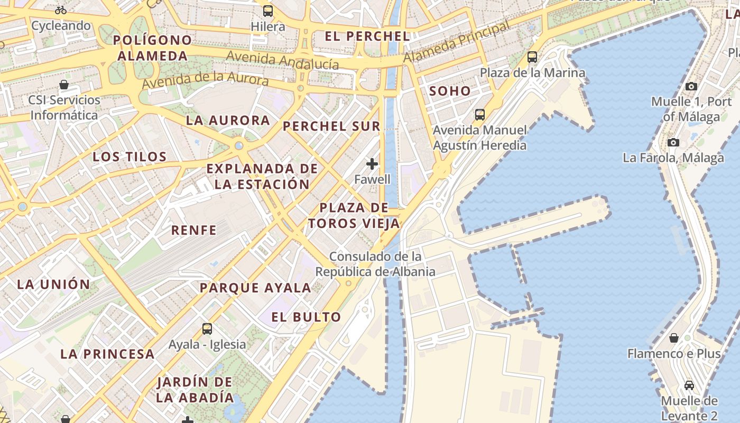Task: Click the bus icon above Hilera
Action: point(268,11)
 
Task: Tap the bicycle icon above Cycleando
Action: point(61,10)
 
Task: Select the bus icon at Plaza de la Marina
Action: point(532,57)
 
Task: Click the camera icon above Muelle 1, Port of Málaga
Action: point(691,86)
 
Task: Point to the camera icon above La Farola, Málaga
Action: point(673,142)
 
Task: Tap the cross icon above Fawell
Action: point(372,164)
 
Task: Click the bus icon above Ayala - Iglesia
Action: point(207,329)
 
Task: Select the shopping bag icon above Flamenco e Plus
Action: point(674,337)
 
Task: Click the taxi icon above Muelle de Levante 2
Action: point(689,385)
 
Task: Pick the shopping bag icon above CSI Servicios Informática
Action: point(64,85)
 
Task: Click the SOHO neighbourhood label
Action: point(450,91)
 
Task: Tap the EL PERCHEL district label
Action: point(367,36)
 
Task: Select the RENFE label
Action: point(194,230)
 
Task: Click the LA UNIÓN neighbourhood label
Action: point(54,284)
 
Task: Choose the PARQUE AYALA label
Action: point(255,288)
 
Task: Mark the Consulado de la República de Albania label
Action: point(375,264)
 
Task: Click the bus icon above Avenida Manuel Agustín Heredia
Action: point(480,114)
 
